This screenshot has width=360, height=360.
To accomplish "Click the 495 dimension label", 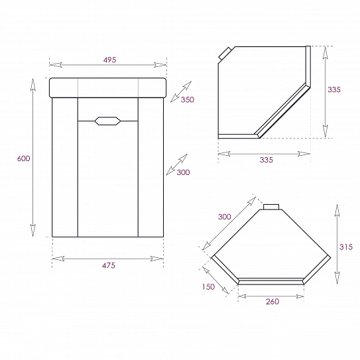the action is point(110,60).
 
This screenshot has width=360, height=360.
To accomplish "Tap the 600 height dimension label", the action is point(23,158).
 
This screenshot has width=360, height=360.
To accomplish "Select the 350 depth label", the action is point(188,99).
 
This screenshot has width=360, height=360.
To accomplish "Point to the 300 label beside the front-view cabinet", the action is point(183,172).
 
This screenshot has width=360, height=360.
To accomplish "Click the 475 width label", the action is point(109,266).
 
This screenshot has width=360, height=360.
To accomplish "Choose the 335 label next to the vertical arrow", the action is point(334,90).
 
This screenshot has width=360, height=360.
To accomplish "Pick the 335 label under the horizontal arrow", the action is point(267,160).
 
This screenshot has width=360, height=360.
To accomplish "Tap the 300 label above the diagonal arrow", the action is point(224,217).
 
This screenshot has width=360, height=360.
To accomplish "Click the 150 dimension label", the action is point(208,287).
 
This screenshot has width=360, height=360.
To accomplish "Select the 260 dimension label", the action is point(272,302).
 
